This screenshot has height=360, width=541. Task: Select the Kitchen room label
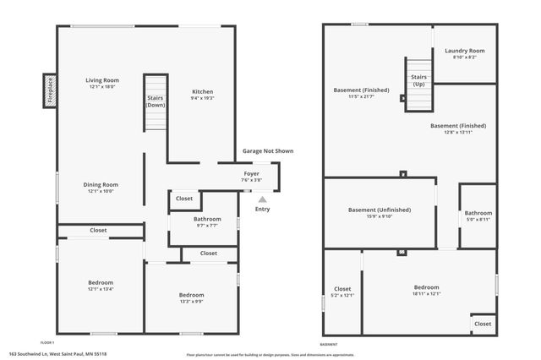pos(202,93)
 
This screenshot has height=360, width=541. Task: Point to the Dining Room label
pos(100,188)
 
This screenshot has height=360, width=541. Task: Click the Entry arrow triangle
pos(262,199)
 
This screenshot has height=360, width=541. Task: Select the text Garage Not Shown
pos(268,150)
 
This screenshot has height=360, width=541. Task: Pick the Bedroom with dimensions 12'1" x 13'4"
pos(100,286)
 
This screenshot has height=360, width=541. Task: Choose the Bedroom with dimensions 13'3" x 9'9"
pos(191,297)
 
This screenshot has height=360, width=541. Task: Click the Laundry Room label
pos(465,53)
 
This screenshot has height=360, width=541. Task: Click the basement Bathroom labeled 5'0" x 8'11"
pos(478,215)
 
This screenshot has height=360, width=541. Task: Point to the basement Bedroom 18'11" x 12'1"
pos(427,290)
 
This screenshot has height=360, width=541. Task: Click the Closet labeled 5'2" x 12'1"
pos(342,292)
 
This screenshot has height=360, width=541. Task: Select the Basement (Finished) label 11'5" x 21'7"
pos(362,93)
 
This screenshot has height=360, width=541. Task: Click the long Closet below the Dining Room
pos(99,230)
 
